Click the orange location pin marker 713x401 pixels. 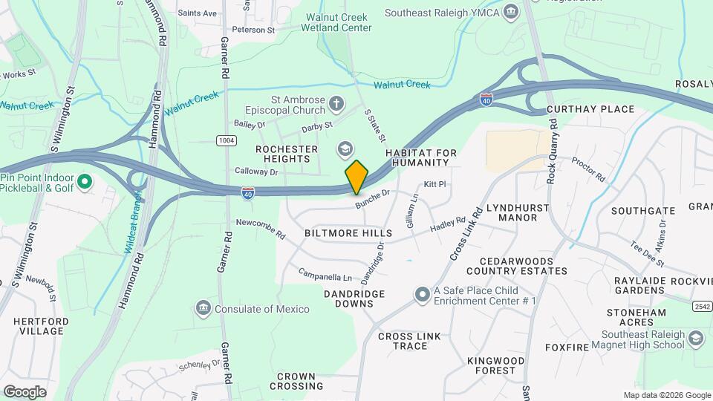356,177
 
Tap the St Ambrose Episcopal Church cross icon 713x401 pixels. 336,103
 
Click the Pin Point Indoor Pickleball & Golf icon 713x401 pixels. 84,181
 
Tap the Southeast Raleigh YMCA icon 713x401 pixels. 510,11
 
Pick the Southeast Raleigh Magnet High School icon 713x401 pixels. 696,339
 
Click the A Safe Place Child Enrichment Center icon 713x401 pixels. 423,295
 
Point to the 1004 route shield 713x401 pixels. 226,140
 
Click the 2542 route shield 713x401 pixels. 700,306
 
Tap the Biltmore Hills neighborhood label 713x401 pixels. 348,233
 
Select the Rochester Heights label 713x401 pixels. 282,154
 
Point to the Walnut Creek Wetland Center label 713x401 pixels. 336,22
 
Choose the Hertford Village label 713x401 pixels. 41,327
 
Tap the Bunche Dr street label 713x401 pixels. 372,199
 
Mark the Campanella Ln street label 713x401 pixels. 325,276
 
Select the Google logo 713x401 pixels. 25,391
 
